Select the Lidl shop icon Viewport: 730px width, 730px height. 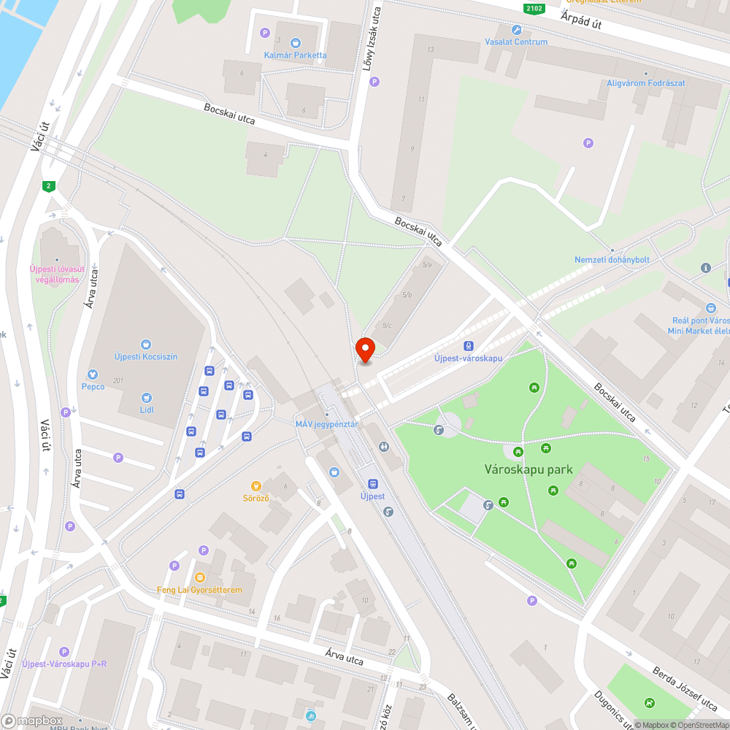coord(147,398)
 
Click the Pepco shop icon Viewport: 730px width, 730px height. coord(93,374)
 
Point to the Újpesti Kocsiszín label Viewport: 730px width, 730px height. coord(146,356)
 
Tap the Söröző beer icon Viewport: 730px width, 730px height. coord(256,485)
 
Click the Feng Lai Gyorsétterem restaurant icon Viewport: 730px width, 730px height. coord(200,577)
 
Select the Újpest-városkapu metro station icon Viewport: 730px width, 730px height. coord(469,347)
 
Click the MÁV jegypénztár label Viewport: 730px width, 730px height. coord(326,424)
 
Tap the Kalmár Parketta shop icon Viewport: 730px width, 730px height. coord(295,43)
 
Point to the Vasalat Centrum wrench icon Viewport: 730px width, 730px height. coord(517,30)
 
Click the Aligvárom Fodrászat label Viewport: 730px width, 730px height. coord(646,83)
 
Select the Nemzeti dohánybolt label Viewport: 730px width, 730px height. coord(612,260)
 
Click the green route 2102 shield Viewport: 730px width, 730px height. coord(534,8)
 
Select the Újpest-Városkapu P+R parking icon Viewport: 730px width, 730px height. coord(64,651)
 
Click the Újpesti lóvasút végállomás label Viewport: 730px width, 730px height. coord(54,274)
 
